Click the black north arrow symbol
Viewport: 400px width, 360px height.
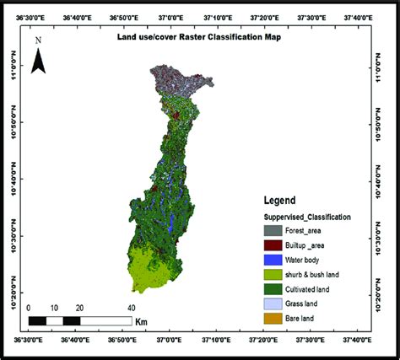click(39, 62)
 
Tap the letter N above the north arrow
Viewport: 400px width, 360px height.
click(39, 40)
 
